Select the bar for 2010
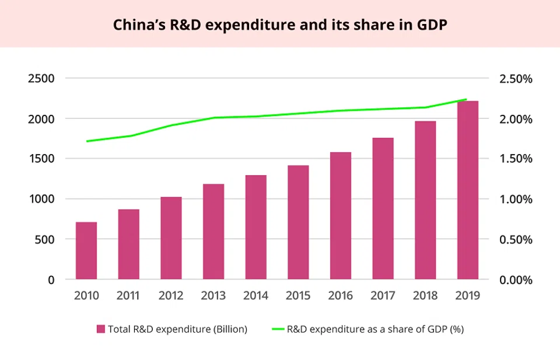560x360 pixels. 86,251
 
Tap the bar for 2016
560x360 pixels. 341,216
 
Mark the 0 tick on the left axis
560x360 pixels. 50,279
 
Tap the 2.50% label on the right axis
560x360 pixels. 516,79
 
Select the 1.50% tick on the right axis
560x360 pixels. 516,159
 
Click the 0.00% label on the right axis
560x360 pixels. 516,279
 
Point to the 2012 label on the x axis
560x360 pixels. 171,296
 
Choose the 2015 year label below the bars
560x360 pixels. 298,296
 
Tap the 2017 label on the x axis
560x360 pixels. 383,296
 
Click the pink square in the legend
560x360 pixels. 100,329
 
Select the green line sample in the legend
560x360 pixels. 277,329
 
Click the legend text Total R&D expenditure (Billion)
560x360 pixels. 177,329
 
